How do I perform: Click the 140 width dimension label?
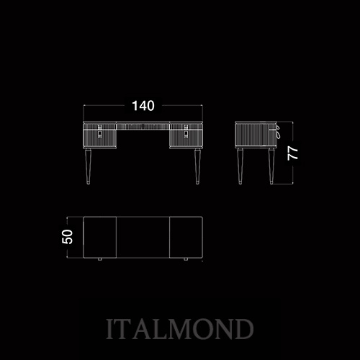pyautogui.click(x=143, y=106)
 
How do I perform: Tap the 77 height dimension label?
pyautogui.click(x=293, y=153)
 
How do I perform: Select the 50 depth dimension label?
pyautogui.click(x=67, y=237)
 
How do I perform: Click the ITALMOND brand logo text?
pyautogui.click(x=179, y=329)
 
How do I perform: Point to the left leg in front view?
pyautogui.click(x=89, y=166)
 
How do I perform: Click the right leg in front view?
pyautogui.click(x=197, y=166)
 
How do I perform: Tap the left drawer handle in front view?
pyautogui.click(x=99, y=131)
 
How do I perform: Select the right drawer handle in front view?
pyautogui.click(x=186, y=131)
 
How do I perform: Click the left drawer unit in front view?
pyautogui.click(x=100, y=135)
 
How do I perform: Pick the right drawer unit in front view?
pyautogui.click(x=186, y=135)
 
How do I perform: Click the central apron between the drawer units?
pyautogui.click(x=143, y=126)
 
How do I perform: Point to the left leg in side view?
pyautogui.click(x=240, y=166)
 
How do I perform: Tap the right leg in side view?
pyautogui.click(x=271, y=166)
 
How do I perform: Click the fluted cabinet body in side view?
pyautogui.click(x=256, y=135)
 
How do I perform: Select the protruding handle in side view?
pyautogui.click(x=278, y=132)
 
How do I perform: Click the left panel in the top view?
pyautogui.click(x=100, y=238)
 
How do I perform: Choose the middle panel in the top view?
pyautogui.click(x=143, y=238)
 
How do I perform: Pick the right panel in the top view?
pyautogui.click(x=186, y=238)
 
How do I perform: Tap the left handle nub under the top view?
pyautogui.click(x=100, y=259)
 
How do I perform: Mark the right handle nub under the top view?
pyautogui.click(x=186, y=259)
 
